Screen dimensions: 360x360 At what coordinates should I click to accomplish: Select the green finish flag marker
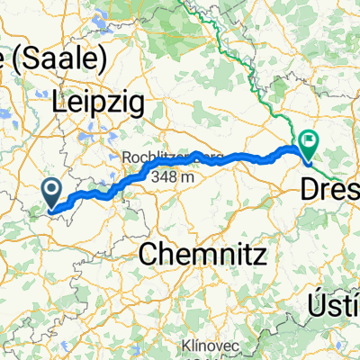pos(310,141)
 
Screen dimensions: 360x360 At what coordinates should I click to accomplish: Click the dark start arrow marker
pos(52,190)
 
